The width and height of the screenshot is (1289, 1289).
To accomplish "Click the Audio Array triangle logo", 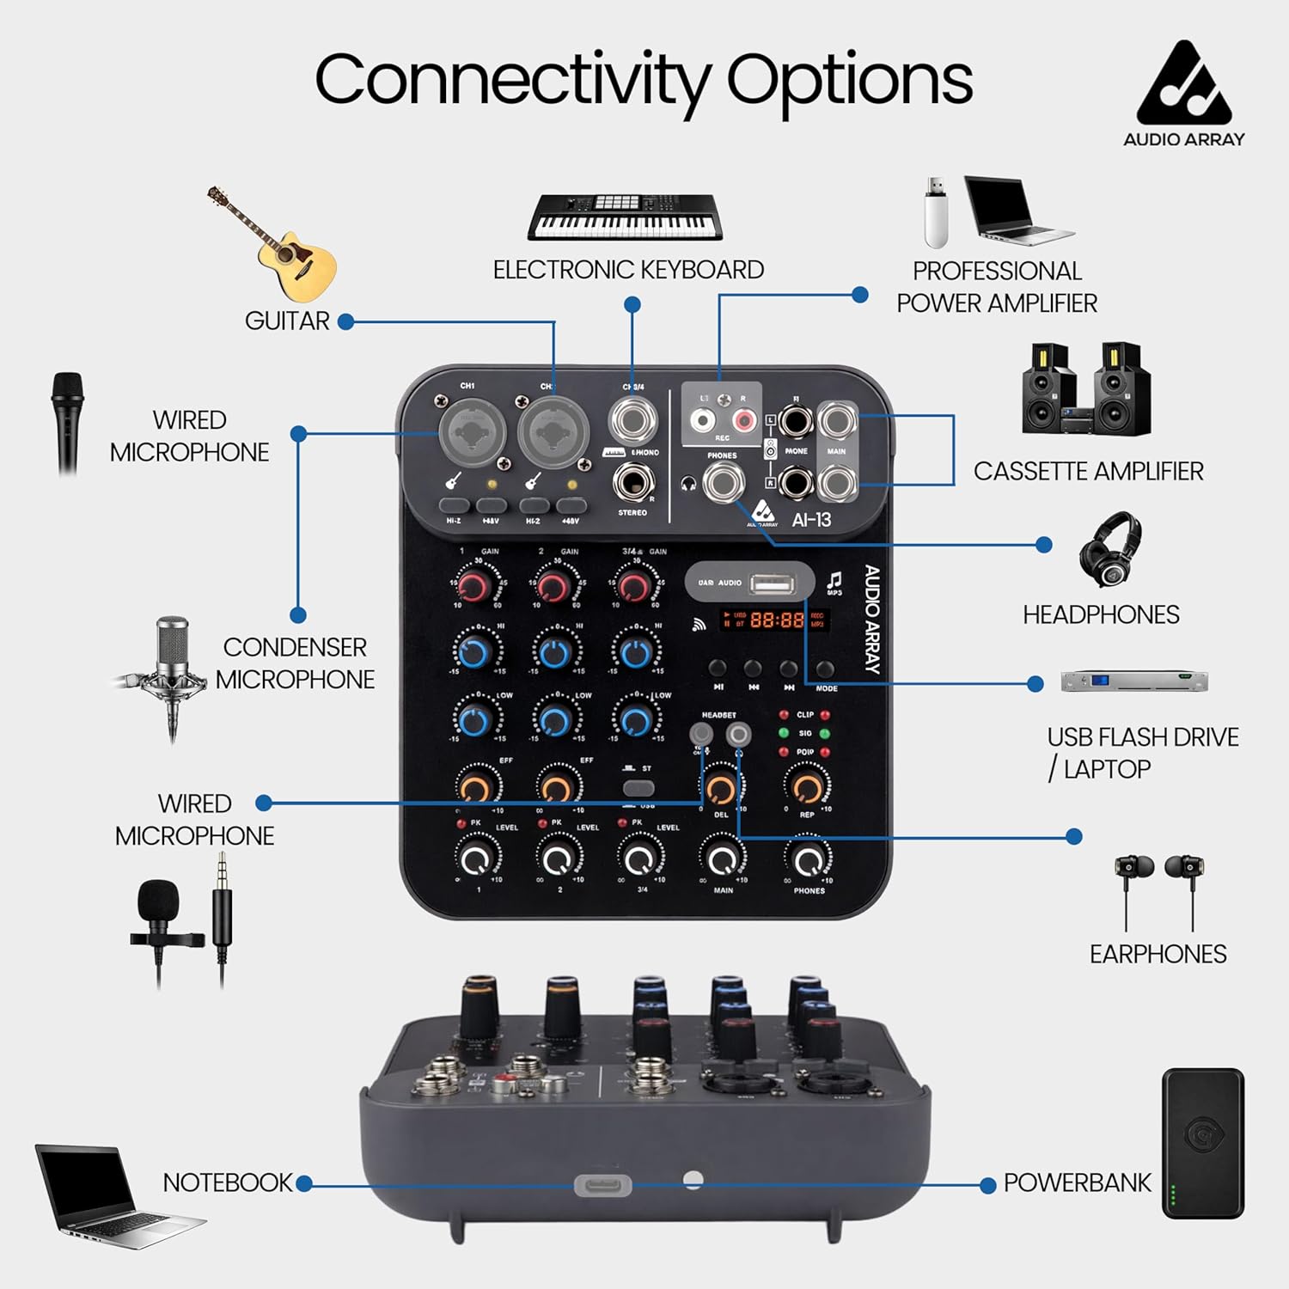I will (1183, 83).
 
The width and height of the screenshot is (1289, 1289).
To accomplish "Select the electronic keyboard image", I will (625, 218).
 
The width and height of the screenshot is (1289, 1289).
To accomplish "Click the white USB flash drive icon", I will (936, 212).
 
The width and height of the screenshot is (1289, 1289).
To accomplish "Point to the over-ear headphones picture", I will (1110, 549).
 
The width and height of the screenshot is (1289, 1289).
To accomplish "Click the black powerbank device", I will (1202, 1143).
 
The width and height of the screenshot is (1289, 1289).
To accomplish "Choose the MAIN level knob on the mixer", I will (722, 858).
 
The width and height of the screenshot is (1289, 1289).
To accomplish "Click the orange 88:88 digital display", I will (777, 619).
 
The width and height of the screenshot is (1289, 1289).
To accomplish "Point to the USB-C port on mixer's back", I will (602, 1186).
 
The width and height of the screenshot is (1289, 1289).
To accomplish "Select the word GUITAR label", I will (287, 321).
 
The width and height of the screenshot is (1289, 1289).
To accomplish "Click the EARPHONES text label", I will (1158, 954).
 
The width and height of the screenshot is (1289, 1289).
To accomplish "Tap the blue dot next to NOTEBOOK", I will (303, 1183).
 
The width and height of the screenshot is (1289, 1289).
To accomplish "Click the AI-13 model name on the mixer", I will (811, 520).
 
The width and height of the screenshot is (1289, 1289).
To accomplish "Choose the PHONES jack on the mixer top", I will (723, 483).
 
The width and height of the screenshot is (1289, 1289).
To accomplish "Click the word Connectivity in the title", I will (514, 79).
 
